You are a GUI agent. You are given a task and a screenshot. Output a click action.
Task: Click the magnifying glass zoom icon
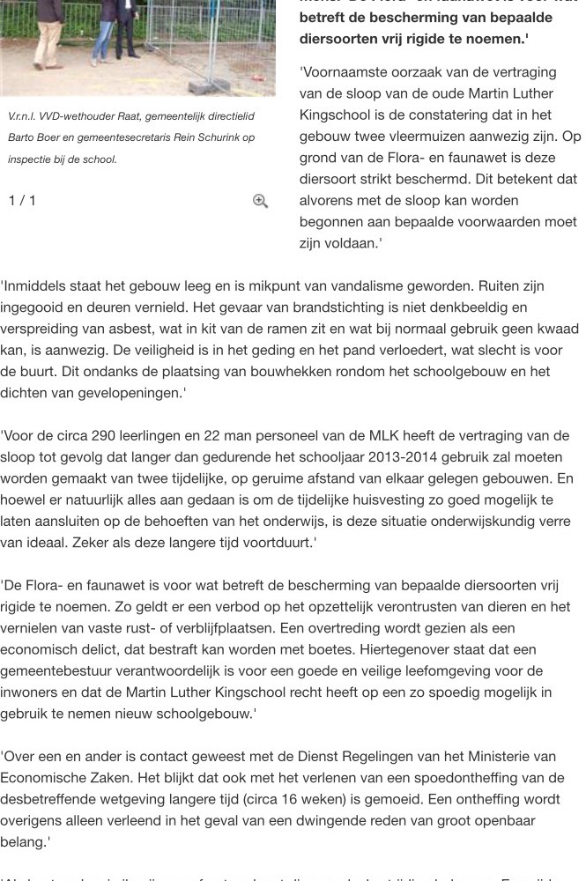pyautogui.click(x=260, y=201)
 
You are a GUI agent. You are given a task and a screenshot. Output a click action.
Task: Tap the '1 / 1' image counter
pyautogui.click(x=22, y=200)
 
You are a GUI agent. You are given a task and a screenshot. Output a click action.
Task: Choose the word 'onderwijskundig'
pyautogui.click(x=493, y=522)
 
